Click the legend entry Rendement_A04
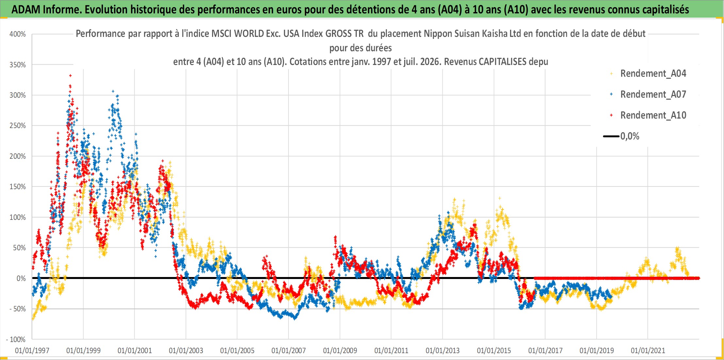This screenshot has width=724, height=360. (653, 74)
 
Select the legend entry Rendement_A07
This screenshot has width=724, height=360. (653, 94)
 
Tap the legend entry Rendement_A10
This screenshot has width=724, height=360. (653, 115)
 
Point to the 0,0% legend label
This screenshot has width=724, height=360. (630, 136)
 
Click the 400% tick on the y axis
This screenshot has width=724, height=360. (18, 34)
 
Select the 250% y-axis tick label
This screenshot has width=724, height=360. (18, 126)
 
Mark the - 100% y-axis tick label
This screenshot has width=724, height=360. (16, 339)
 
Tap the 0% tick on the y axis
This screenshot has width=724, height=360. (21, 278)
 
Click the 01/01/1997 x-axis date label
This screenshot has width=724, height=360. (32, 351)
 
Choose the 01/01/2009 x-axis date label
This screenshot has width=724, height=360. (340, 351)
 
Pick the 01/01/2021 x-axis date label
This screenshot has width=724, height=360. (648, 351)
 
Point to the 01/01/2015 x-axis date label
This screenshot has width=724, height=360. (494, 351)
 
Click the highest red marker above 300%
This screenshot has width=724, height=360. (70, 75)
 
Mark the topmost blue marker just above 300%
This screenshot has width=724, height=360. (113, 91)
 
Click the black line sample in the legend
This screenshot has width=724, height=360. (611, 136)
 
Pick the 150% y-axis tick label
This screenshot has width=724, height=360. (18, 187)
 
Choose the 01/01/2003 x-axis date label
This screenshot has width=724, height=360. (186, 351)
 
